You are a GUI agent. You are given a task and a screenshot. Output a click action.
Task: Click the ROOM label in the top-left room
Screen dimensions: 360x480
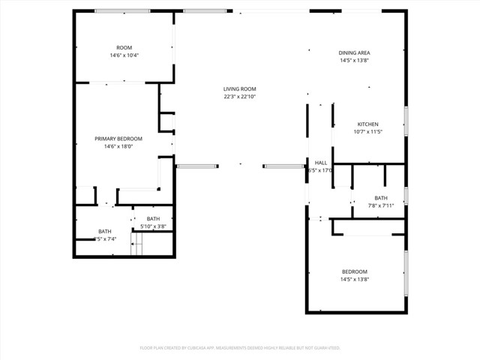pos(124,48)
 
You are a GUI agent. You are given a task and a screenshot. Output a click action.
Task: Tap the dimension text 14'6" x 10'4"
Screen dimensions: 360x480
pos(124,55)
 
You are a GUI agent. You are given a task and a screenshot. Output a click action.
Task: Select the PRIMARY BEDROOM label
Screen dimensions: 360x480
pos(118,139)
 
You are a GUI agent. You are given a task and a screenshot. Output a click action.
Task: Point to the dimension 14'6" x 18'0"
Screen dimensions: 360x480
pos(118,146)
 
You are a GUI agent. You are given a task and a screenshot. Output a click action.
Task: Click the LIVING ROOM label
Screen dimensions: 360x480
pos(239,88)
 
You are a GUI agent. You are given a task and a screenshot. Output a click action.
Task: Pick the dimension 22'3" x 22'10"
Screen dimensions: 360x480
pos(239,96)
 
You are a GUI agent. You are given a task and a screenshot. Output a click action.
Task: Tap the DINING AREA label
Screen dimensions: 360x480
pos(355,52)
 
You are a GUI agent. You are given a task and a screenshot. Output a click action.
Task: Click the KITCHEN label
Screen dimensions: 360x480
pos(367,124)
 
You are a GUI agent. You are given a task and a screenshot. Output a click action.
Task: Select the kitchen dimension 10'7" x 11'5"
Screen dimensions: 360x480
pos(367,132)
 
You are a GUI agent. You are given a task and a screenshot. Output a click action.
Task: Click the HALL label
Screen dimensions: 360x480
pos(321,163)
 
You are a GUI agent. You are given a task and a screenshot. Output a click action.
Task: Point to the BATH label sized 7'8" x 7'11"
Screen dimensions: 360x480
pos(381,198)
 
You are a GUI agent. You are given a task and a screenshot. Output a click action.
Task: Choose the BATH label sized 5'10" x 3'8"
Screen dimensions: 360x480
pos(153,218)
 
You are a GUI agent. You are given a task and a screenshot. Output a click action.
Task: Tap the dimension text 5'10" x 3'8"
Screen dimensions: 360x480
pos(153,226)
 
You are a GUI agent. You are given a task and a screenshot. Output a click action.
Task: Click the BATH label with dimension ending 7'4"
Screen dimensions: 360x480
pos(104,231)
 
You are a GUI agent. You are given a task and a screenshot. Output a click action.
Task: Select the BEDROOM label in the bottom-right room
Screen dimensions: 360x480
pos(355,271)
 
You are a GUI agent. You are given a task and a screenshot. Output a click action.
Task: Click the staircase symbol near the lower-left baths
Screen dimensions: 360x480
pos(136,244)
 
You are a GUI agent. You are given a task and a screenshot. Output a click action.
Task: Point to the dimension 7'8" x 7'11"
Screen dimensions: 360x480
pos(381,205)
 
